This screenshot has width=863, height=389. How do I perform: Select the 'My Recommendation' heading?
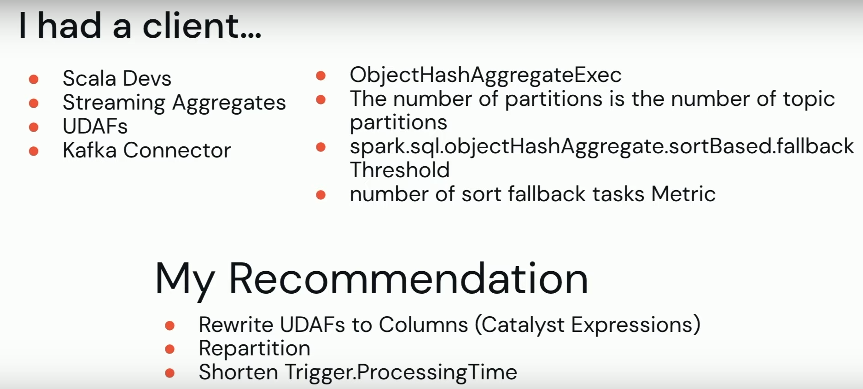(x=372, y=280)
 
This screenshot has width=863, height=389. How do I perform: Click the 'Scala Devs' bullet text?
(x=117, y=78)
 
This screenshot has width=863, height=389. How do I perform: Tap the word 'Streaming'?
(x=114, y=103)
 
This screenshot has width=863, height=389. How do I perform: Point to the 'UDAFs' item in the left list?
(x=95, y=126)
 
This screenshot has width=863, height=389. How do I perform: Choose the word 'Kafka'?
(x=89, y=150)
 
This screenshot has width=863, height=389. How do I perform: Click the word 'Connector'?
(x=177, y=150)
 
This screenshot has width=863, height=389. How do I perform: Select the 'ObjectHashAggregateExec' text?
(x=485, y=75)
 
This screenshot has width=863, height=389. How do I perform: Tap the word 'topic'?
(x=809, y=99)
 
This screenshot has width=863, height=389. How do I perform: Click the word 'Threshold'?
(x=400, y=170)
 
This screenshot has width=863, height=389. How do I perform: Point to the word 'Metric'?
(x=683, y=194)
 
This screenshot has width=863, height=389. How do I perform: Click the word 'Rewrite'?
(x=236, y=325)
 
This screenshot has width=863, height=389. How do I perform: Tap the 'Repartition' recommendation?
(x=254, y=348)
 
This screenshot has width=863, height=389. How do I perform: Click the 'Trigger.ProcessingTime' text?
(x=401, y=372)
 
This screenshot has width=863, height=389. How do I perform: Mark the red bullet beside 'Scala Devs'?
(x=34, y=79)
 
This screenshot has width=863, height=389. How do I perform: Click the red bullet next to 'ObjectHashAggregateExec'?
(x=321, y=75)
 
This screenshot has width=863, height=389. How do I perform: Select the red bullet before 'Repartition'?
(x=170, y=349)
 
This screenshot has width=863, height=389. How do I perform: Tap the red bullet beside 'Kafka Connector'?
(x=34, y=151)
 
